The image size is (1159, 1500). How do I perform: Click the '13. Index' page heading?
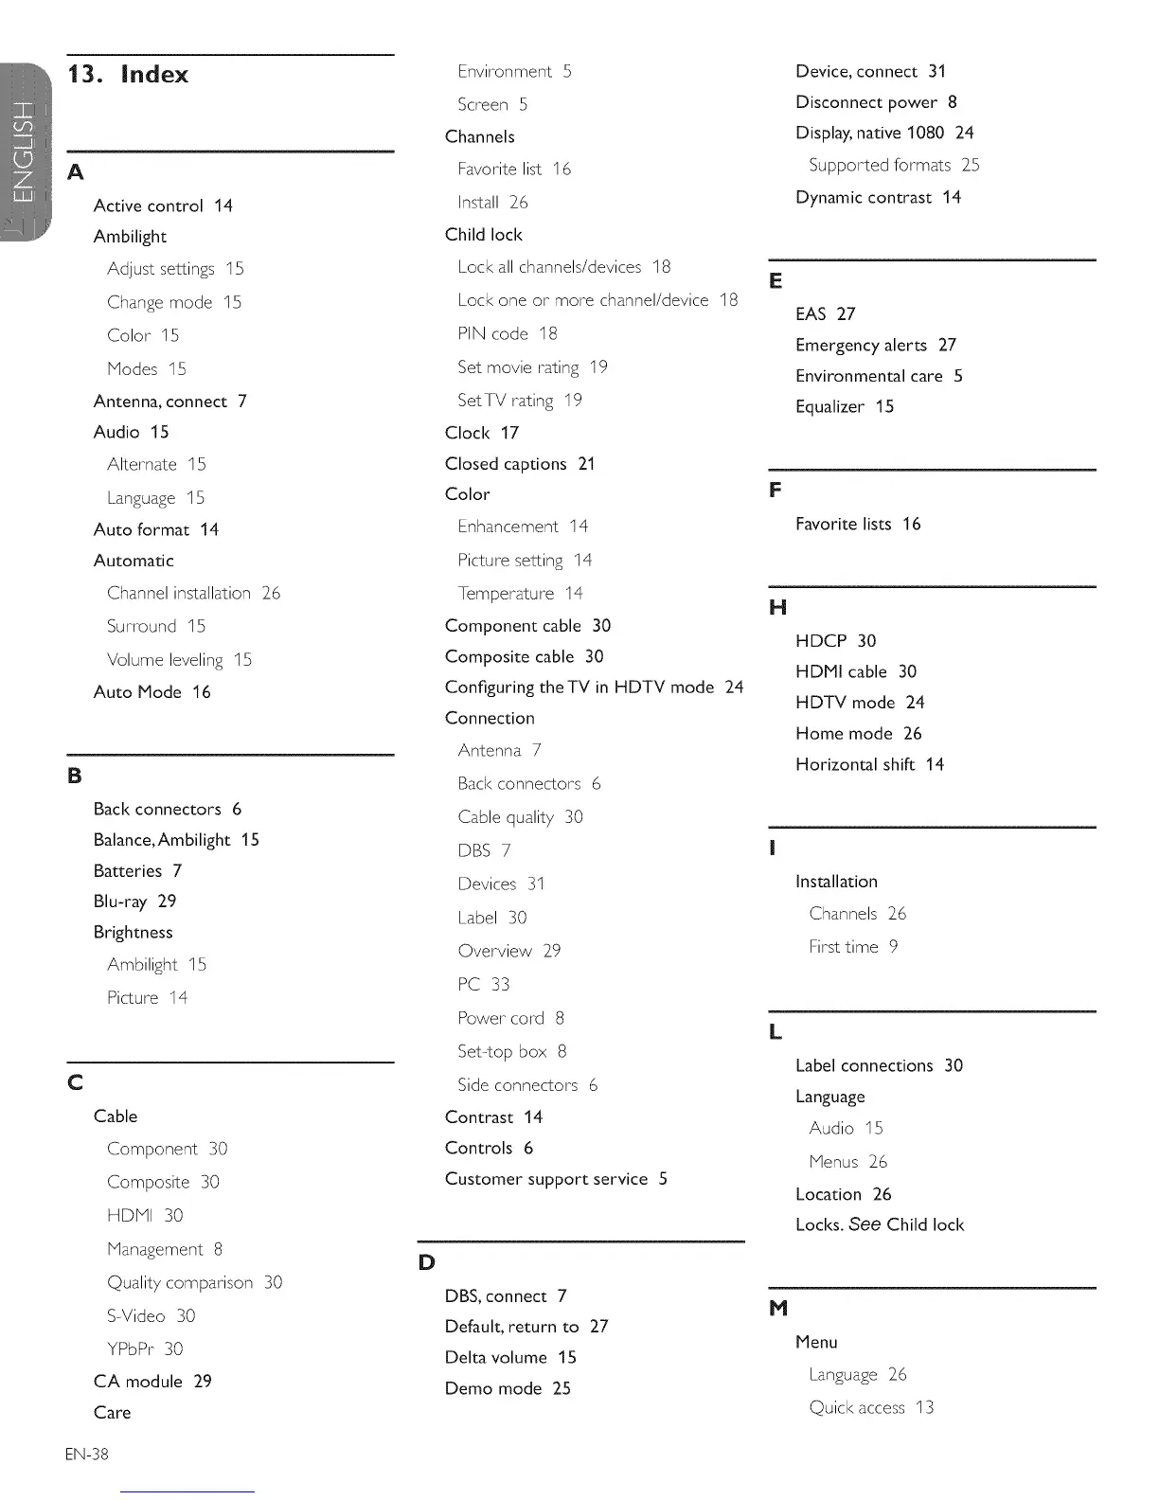tap(128, 75)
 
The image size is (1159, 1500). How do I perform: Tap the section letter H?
tap(778, 607)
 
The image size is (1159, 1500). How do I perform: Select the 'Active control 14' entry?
tap(163, 205)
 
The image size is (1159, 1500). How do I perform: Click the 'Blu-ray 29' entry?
tap(134, 902)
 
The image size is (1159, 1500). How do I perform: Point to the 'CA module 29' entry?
tap(152, 1382)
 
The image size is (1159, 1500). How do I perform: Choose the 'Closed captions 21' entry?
tap(520, 464)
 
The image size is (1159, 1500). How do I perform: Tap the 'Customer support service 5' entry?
tap(556, 1179)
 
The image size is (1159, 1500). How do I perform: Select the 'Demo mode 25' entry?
tap(508, 1388)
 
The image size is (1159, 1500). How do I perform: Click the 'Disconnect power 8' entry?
tap(876, 102)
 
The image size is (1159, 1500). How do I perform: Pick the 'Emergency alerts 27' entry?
tap(876, 345)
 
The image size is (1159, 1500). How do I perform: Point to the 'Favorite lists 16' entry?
tap(858, 524)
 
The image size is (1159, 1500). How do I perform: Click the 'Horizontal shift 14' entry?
tap(869, 764)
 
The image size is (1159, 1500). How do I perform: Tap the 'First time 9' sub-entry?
tap(853, 947)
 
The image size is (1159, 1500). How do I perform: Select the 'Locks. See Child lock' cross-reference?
tap(880, 1224)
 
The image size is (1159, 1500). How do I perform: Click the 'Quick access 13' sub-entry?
tap(871, 1407)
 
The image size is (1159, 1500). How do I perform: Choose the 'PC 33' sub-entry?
tap(484, 985)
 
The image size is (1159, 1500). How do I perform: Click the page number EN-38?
tap(87, 1454)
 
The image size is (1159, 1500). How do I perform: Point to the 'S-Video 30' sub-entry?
tap(152, 1316)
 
